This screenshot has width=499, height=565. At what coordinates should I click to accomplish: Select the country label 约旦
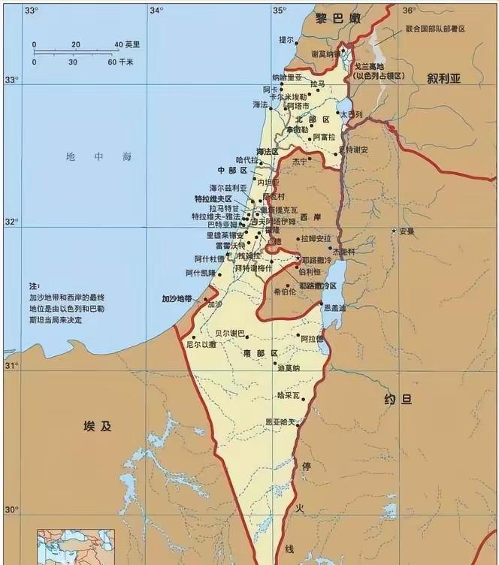(x=398, y=399)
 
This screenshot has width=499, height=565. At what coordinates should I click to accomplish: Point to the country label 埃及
(x=98, y=426)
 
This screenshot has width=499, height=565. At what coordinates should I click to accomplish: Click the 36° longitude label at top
(x=409, y=10)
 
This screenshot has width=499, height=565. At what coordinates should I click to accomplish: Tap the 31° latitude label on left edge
(x=12, y=365)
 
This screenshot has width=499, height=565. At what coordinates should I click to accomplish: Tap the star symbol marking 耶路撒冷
(x=298, y=258)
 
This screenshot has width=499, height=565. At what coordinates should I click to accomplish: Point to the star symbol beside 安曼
(x=393, y=231)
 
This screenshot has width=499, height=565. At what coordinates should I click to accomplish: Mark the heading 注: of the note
(x=33, y=286)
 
